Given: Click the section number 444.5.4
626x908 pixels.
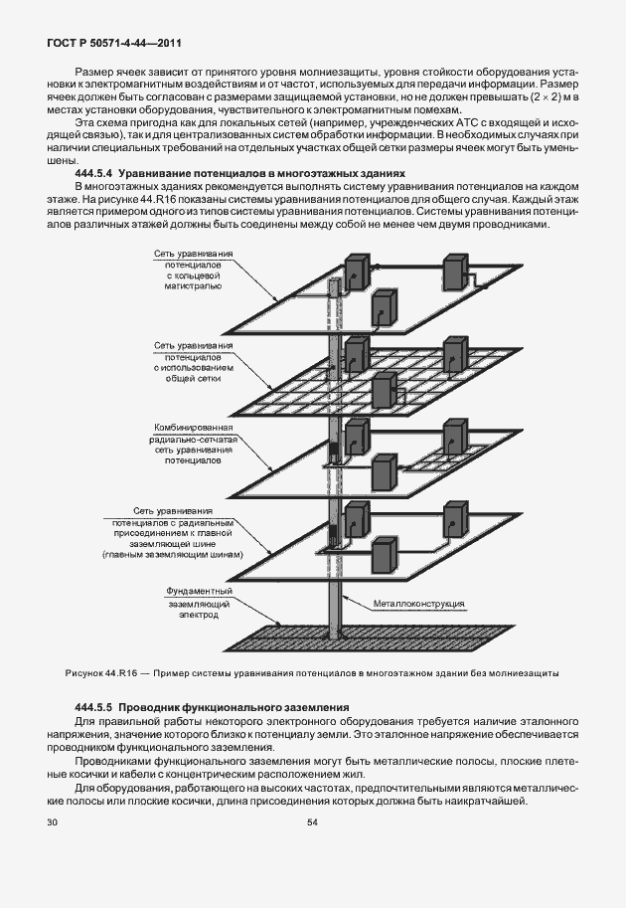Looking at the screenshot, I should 95,173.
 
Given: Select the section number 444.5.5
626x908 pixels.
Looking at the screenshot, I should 95,706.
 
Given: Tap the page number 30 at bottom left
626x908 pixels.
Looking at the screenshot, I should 53,822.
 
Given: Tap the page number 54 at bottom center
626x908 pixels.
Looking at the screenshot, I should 312,822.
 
